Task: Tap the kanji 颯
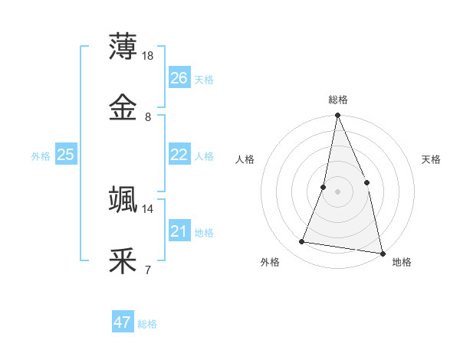[x=123, y=200]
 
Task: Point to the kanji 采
[x=123, y=260]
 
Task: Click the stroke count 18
[x=149, y=56]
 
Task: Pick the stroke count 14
[x=148, y=208]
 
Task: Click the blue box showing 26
[x=179, y=78]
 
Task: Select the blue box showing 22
[x=179, y=155]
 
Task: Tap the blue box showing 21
[x=179, y=231]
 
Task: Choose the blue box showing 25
[x=66, y=155]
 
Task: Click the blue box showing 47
[x=123, y=322]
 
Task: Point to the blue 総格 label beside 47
[x=148, y=324]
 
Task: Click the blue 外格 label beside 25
[x=41, y=156]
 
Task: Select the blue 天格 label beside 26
[x=204, y=80]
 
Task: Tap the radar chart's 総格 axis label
[x=338, y=100]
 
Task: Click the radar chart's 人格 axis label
[x=245, y=159]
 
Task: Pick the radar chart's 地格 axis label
[x=402, y=262]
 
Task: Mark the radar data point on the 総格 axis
[x=338, y=116]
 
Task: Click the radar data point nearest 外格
[x=302, y=242]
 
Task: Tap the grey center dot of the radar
[x=338, y=191]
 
